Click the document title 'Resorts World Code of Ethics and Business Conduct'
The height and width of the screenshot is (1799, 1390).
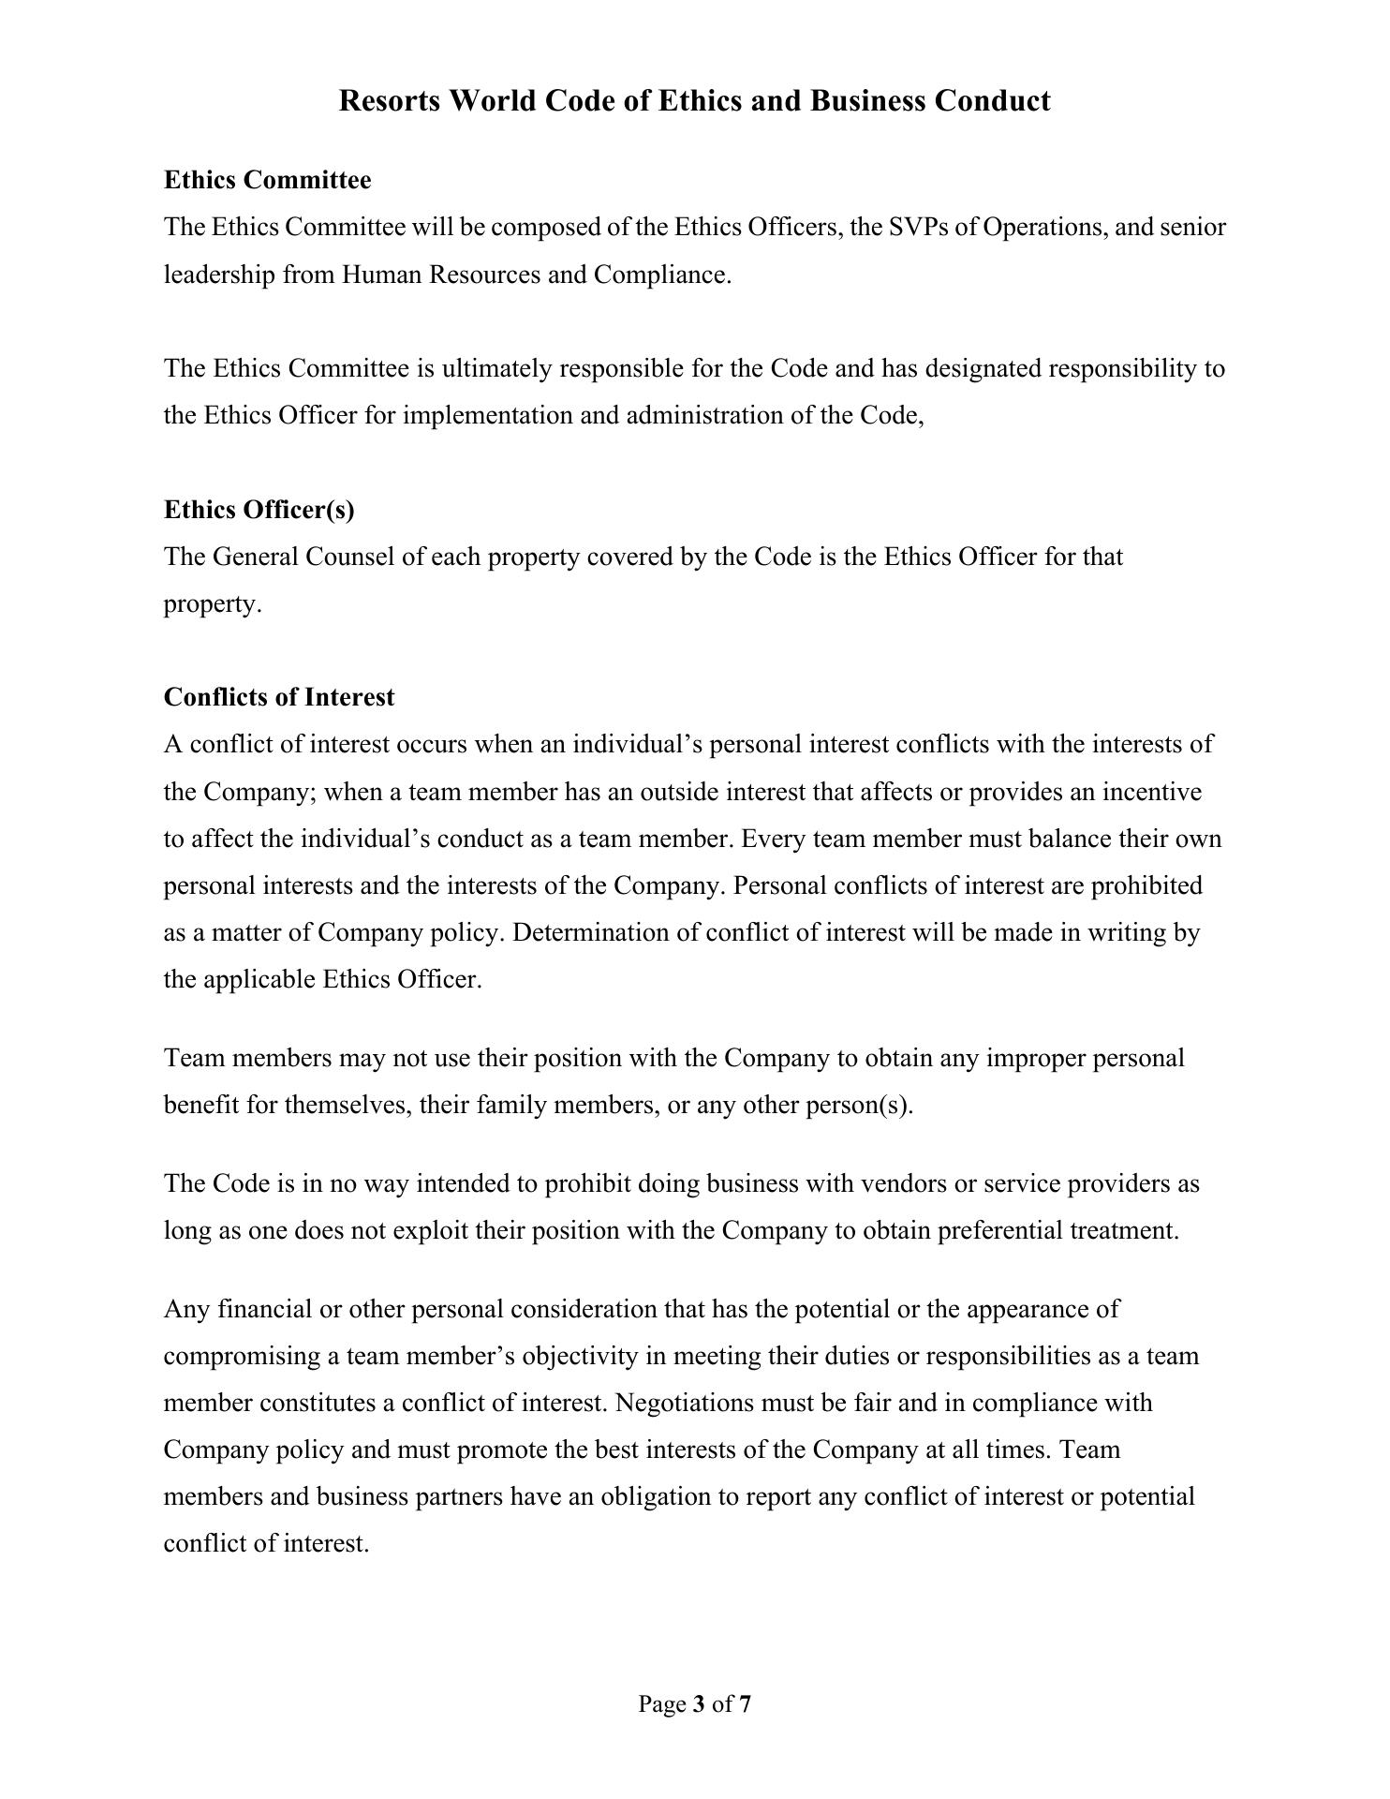(694, 100)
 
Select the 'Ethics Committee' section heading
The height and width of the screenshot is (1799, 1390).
(267, 179)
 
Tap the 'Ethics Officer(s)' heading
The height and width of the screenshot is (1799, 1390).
(259, 509)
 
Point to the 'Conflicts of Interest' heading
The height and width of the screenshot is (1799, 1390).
(279, 697)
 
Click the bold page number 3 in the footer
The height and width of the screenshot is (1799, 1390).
(699, 1704)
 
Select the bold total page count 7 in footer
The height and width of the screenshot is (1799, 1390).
(745, 1704)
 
